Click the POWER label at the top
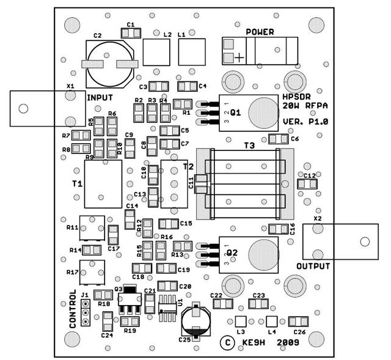[x=260, y=32]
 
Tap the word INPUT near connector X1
[x=100, y=98]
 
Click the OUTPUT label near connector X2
[x=313, y=266]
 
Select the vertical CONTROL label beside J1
[x=73, y=309]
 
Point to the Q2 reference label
[x=233, y=252]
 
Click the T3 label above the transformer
[x=249, y=145]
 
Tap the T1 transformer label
[x=77, y=184]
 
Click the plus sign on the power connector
[x=239, y=57]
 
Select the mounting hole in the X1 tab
[x=23, y=109]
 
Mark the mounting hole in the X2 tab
[x=365, y=241]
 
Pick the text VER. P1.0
[x=306, y=122]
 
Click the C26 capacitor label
[x=299, y=332]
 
